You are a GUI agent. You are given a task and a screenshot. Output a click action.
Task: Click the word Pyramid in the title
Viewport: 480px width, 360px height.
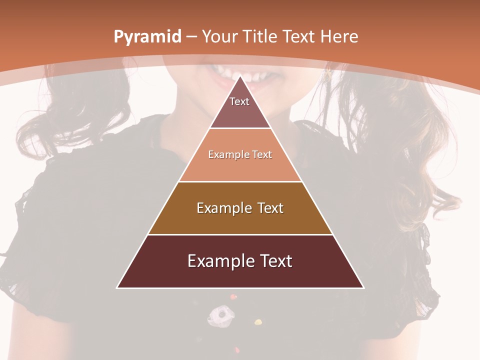[x=147, y=37]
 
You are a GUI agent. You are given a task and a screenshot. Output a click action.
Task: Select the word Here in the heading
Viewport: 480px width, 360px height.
[x=338, y=36]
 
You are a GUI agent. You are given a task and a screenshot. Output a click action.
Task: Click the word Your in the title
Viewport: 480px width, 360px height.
[x=219, y=36]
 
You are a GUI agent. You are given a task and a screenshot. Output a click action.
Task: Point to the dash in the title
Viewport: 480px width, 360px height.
[x=191, y=37]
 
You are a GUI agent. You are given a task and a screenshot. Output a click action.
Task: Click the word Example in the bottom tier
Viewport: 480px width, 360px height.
[x=215, y=261]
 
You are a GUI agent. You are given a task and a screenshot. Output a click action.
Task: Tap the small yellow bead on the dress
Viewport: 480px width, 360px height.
[x=258, y=321]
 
